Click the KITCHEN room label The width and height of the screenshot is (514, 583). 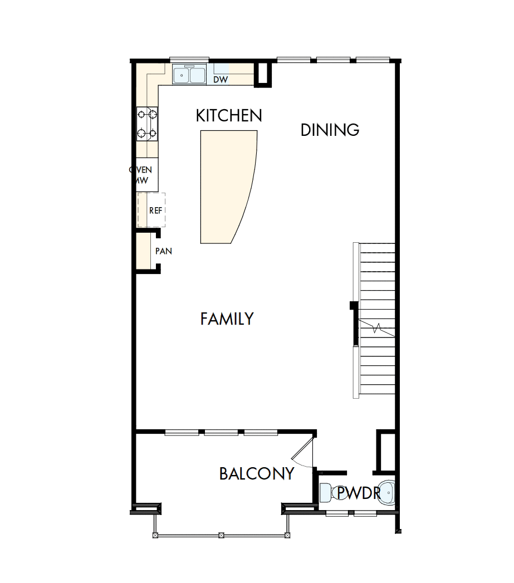point(229,115)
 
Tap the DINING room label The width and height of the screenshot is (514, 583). point(330,130)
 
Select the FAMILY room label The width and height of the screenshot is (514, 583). point(227,319)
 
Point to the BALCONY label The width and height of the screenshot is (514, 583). point(256,474)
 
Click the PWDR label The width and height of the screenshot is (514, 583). point(358,493)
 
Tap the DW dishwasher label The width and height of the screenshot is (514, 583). point(221,80)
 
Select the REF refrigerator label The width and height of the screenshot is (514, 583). point(155,210)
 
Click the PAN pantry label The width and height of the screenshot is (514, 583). point(163,251)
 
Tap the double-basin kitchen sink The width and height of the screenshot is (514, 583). point(189,75)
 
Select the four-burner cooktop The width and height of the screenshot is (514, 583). point(148,124)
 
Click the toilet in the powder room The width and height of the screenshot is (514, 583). point(326,493)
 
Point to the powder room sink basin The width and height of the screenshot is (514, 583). point(387,493)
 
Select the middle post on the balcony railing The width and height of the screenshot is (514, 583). point(221,535)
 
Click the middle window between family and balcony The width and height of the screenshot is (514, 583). point(221,432)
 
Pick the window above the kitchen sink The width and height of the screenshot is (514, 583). point(189,60)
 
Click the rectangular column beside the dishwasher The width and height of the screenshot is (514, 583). point(263,75)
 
